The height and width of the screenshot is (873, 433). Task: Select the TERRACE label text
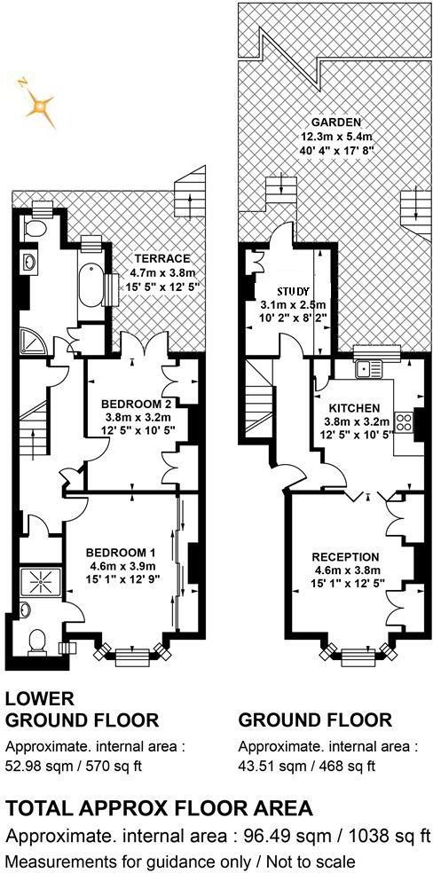coord(154,258)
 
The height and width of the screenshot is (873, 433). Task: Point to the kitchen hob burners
coord(405,421)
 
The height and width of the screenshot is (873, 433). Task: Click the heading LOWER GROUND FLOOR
coord(82,709)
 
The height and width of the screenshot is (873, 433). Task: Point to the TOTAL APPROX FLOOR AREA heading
coord(159,807)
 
